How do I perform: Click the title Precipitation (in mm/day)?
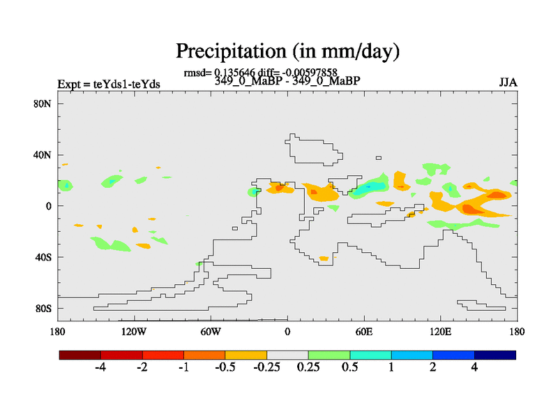pyautogui.click(x=287, y=51)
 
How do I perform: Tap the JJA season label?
pyautogui.click(x=508, y=82)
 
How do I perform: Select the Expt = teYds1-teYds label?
pyautogui.click(x=109, y=84)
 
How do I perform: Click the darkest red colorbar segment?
pyautogui.click(x=80, y=355)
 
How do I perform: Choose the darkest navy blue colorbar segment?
pyautogui.click(x=495, y=355)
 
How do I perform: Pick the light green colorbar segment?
pyautogui.click(x=329, y=355)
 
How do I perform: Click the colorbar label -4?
pyautogui.click(x=100, y=368)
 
